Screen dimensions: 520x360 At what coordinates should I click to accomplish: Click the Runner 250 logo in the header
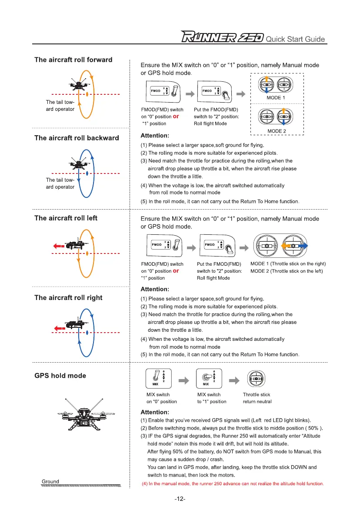point(222,38)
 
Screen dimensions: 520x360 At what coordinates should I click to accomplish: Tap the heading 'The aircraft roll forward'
point(73,60)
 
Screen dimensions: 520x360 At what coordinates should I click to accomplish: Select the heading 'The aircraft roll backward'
point(77,138)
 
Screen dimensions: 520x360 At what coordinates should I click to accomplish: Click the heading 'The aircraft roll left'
point(66,218)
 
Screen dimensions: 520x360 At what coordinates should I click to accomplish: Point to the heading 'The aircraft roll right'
point(68,298)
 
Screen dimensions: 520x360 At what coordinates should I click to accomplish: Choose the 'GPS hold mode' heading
point(60,376)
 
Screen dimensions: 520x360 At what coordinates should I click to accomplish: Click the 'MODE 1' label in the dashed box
point(277,98)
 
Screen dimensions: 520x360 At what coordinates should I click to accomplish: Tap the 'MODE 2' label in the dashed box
point(277,131)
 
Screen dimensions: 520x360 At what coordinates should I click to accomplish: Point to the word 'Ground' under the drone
point(50,481)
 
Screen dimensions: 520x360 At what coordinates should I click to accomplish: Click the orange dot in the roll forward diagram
point(88,94)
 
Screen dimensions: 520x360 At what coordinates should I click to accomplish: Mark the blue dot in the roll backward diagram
point(88,173)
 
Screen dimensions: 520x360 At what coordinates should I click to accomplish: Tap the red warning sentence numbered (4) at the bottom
point(233,484)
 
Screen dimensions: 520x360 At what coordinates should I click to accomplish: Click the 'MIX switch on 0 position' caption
point(161,398)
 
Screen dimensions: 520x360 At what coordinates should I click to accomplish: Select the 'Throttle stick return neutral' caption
point(257,398)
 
